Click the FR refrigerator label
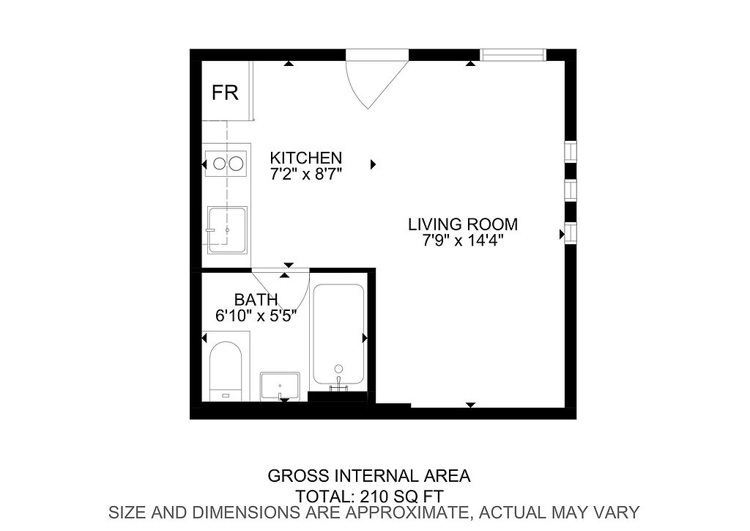(x=225, y=92)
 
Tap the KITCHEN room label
(x=306, y=158)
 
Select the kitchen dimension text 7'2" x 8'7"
(x=306, y=174)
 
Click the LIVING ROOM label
(x=463, y=224)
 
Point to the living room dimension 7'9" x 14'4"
(x=463, y=239)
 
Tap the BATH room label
(x=256, y=300)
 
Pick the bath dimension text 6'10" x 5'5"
(x=256, y=316)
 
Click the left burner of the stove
(x=219, y=164)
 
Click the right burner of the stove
(x=237, y=164)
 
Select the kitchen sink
(x=227, y=230)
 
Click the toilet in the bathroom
(x=226, y=371)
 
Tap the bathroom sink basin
(x=281, y=387)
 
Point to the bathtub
(x=338, y=334)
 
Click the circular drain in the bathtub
(x=338, y=369)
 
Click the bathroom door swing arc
(x=301, y=301)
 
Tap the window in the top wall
(x=513, y=55)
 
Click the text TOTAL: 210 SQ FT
(x=370, y=496)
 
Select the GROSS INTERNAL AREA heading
(x=369, y=476)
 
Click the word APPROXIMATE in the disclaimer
(x=407, y=513)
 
